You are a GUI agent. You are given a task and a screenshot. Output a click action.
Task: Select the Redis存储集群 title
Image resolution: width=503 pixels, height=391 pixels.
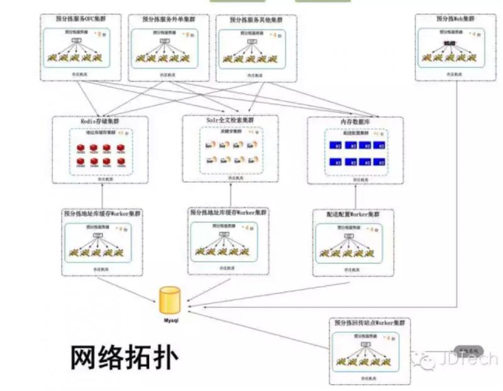point(100,121)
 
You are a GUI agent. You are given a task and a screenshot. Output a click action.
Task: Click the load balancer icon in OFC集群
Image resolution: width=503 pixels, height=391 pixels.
point(77,41)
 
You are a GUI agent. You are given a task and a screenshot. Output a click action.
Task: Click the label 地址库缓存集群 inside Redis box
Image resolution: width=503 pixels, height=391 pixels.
point(101,133)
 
